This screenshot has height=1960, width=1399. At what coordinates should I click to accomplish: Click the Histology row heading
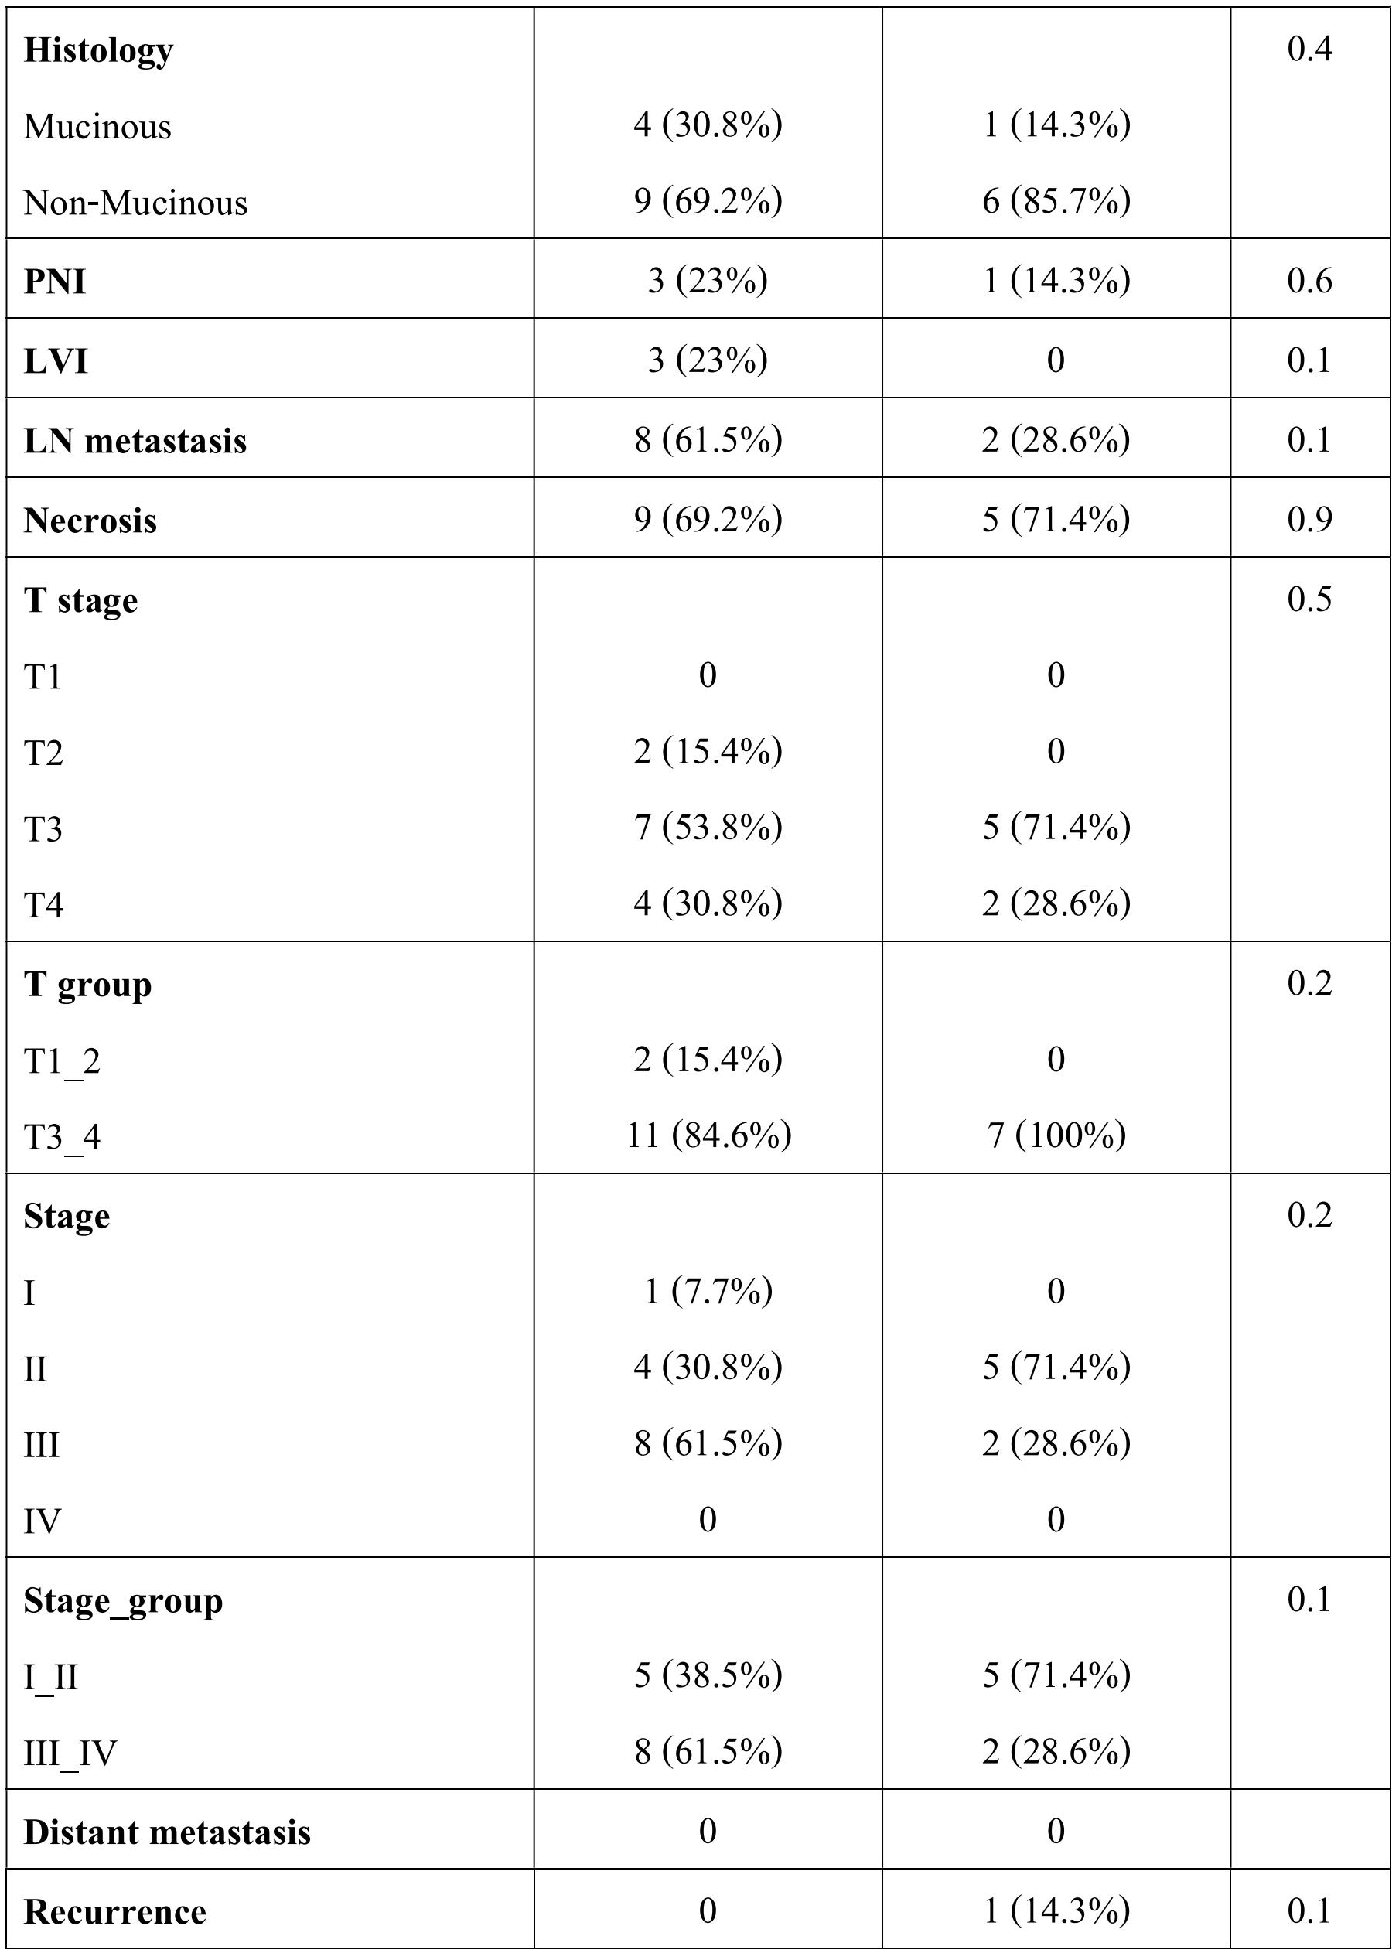pos(98,51)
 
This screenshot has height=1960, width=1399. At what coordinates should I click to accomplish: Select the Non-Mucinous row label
pos(135,203)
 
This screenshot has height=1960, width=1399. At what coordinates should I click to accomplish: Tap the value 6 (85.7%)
pos(1056,202)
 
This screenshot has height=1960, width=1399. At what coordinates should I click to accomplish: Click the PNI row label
pos(54,282)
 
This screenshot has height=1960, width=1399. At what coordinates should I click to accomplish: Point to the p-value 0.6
pos(1309,281)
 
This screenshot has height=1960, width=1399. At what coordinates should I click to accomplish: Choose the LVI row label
pos(55,361)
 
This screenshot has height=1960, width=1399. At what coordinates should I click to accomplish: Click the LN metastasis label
pos(135,441)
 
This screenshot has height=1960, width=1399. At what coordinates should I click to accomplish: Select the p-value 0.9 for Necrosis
pos(1309,520)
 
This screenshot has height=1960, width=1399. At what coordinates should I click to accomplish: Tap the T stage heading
pos(80,600)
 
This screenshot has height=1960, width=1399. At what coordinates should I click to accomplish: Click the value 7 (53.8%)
pos(708,828)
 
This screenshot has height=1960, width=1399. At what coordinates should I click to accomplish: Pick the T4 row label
pos(43,906)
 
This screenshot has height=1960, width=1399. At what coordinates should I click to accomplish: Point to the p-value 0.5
pos(1309,599)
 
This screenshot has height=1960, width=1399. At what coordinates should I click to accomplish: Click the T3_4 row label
pos(62,1137)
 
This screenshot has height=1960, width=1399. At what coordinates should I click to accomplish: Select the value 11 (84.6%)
pos(708,1135)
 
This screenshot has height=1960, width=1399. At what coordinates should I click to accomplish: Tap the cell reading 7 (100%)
pos(1056,1135)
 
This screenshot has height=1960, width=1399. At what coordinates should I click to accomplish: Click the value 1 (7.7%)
pos(708,1291)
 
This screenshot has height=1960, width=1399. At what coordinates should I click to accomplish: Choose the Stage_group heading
pos(122,1601)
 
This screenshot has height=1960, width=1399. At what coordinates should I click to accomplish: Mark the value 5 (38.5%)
pos(708,1675)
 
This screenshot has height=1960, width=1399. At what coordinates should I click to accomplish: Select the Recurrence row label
pos(114,1912)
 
